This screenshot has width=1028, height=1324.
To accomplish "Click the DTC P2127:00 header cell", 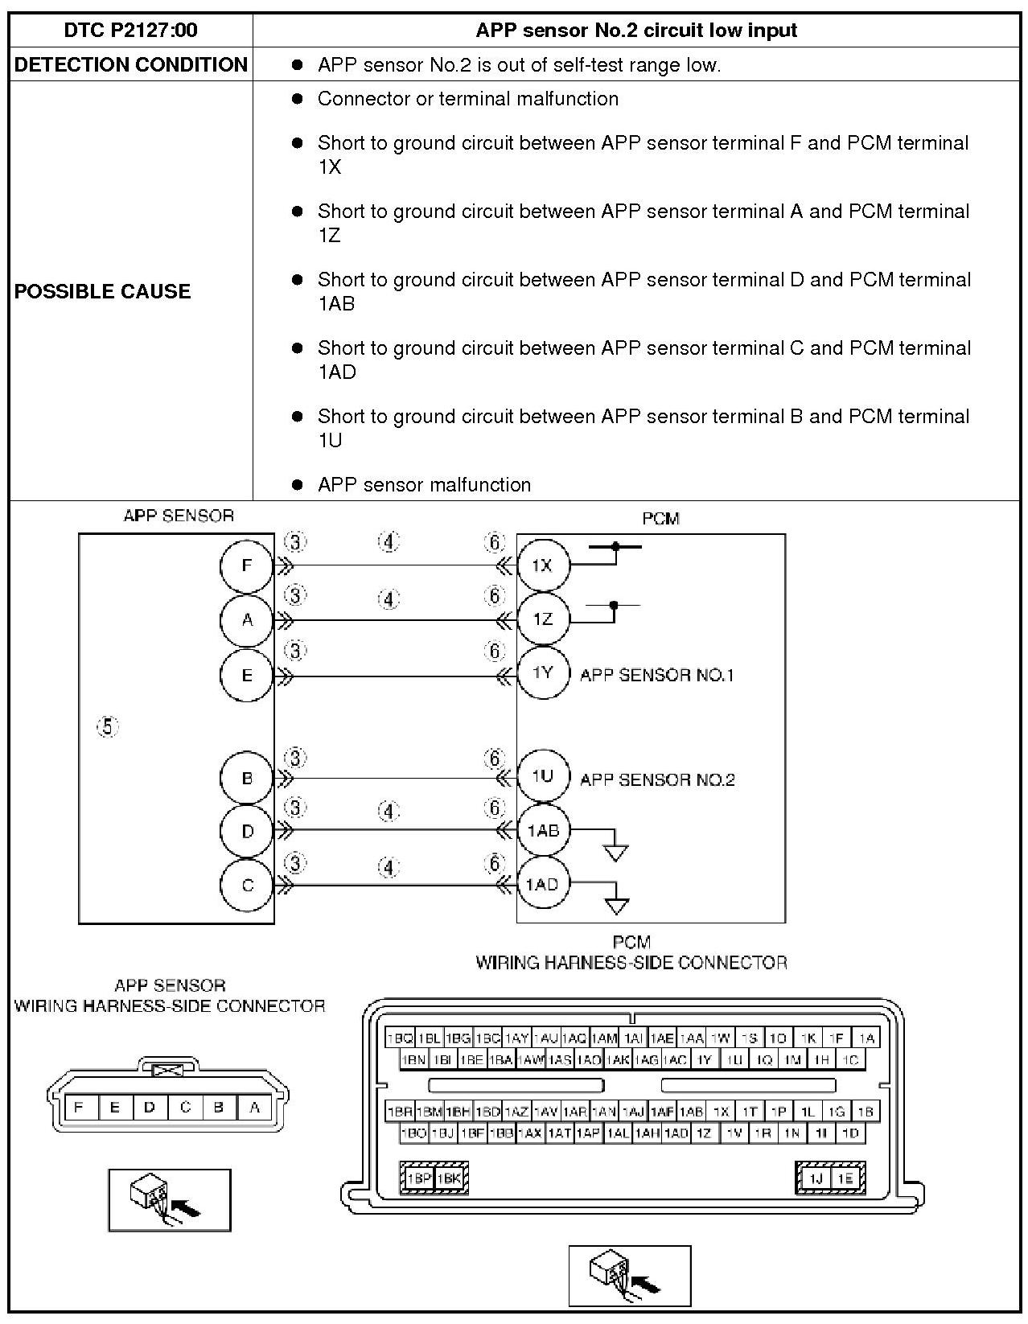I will coord(130,31).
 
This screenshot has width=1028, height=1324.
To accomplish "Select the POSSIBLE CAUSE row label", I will coord(102,291).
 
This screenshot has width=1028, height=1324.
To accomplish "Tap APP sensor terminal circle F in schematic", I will coord(247,565).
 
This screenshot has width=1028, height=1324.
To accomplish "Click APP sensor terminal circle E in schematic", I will coord(247,675).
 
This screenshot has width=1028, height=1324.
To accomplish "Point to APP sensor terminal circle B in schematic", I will coord(247,779).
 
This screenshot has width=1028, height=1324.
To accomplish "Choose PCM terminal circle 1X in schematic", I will coord(542,565).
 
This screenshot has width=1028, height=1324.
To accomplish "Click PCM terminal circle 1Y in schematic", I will coord(543,673).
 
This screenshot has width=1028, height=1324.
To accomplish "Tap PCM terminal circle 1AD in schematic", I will coord(542,885).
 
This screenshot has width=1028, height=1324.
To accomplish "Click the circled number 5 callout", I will coord(108,727).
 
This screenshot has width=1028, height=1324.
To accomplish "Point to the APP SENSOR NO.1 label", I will coord(656,675).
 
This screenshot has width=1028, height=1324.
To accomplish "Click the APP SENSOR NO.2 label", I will coord(657,779).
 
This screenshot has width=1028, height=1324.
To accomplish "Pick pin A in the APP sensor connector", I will coord(254,1108).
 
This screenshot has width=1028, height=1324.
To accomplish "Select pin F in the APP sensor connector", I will coord(79,1108).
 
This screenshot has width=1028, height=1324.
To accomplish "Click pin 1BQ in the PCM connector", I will coord(400,1038).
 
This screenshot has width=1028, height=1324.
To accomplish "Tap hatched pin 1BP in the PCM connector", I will coord(417,1178).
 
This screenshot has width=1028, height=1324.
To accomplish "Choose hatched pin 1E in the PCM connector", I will coord(845,1178).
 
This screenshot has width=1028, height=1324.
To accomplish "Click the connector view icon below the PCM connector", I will coord(630,1276).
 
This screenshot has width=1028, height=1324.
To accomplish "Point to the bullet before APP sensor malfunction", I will coord(298,485).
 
